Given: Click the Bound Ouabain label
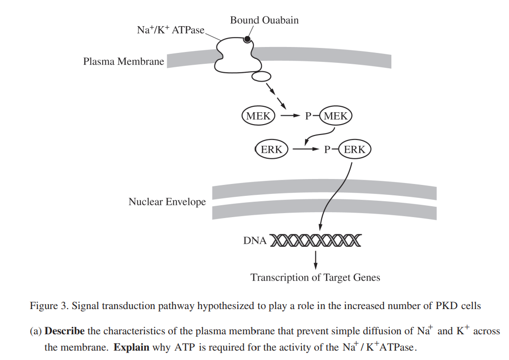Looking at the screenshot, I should (x=264, y=20).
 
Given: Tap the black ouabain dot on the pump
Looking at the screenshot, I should (x=247, y=40).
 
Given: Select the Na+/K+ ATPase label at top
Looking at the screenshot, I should (x=170, y=30).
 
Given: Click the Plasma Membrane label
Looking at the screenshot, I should (x=124, y=62).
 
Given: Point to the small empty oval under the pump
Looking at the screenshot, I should (x=261, y=77).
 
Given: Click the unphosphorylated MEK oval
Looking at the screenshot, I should (x=258, y=116).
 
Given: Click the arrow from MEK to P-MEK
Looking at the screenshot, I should (x=290, y=116).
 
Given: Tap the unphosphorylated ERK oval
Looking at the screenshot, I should (x=271, y=149).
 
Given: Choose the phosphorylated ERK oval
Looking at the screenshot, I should (x=354, y=149).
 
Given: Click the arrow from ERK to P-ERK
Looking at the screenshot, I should (x=306, y=149).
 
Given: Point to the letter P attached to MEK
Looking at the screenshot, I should (x=308, y=117).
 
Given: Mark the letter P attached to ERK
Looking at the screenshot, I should (x=327, y=149).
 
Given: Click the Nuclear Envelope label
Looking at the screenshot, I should (x=167, y=202).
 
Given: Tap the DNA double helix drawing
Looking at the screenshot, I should (x=315, y=241).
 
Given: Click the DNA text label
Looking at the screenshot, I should (x=254, y=241).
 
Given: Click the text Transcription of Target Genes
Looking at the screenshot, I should (x=315, y=277).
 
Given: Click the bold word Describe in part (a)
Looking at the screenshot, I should (x=64, y=331).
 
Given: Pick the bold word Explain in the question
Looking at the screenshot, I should (x=131, y=347).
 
